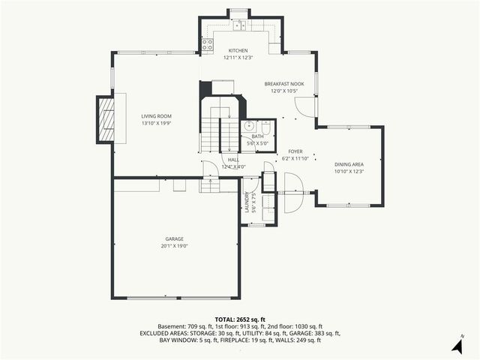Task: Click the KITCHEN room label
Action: tap(237, 50)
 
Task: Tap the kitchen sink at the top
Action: tap(239, 26)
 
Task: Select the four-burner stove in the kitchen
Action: tap(207, 44)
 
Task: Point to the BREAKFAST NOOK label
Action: tap(284, 83)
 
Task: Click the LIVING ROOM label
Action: tap(157, 116)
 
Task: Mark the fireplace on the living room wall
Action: tap(106, 119)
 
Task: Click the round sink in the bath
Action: tap(248, 126)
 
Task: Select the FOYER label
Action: tap(295, 151)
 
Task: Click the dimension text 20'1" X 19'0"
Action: tap(173, 246)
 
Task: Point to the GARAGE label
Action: tap(174, 238)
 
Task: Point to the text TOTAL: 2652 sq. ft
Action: tap(239, 319)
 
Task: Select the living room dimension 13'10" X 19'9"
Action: tap(157, 124)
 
